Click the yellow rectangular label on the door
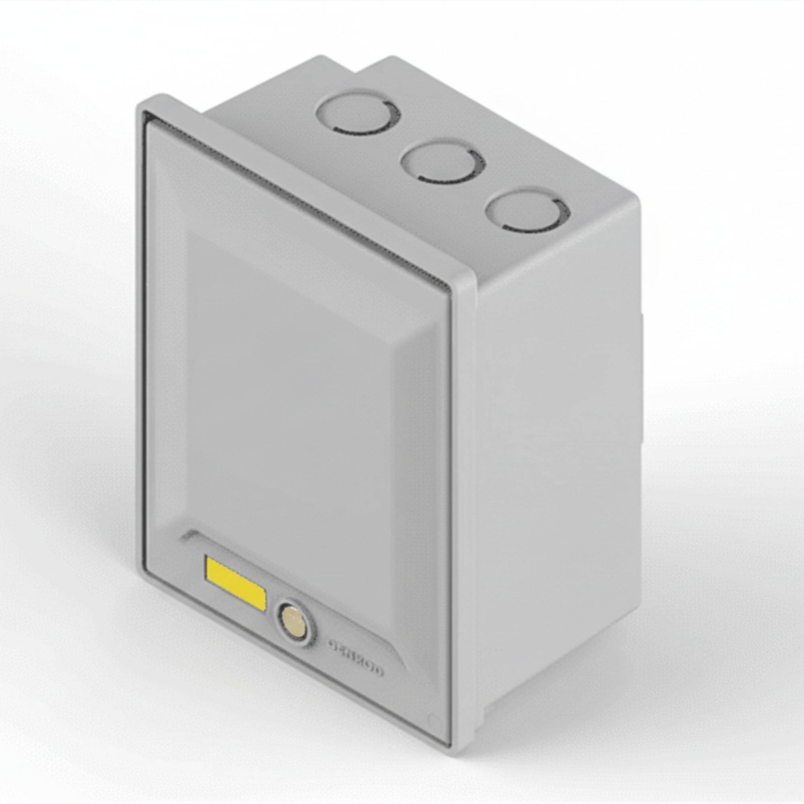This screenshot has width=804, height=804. point(236,584)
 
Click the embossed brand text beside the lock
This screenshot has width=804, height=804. point(356,658)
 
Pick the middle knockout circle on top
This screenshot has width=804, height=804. point(442,162)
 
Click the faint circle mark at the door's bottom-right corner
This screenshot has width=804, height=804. point(434,719)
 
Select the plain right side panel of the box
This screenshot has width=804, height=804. point(558,458)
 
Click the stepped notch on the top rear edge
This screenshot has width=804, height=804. point(358,67)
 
